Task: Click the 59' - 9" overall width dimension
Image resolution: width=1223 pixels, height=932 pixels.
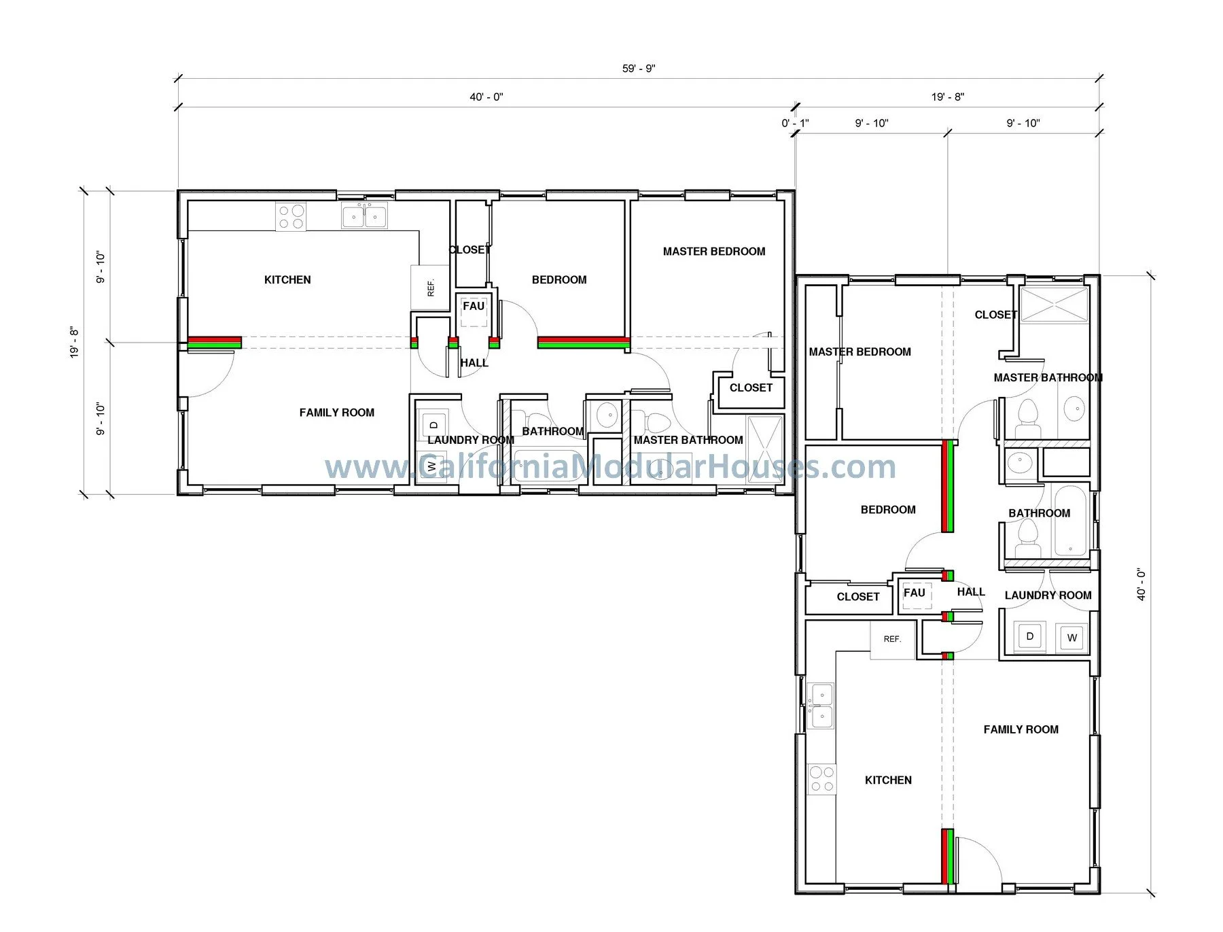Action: coord(638,69)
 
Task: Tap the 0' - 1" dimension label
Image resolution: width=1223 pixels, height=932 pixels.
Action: coord(794,123)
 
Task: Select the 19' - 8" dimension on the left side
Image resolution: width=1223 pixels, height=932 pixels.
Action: coord(74,343)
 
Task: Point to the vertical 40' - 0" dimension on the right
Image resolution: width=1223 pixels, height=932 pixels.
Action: coord(1141,585)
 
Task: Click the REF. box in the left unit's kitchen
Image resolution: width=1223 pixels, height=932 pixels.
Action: coord(430,288)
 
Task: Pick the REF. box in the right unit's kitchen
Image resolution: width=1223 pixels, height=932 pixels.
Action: coord(891,639)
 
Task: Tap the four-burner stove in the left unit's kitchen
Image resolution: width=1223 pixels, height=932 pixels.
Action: coord(291,217)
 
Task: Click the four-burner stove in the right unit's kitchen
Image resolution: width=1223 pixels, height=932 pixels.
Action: coord(821,779)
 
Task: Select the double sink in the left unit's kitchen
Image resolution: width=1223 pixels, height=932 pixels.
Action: coord(364,217)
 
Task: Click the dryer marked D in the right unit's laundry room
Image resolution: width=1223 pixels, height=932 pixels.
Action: coord(1029,637)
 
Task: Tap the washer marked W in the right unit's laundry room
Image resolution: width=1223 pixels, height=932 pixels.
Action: coord(1071,638)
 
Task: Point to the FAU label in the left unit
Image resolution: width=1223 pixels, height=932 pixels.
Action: coord(474,306)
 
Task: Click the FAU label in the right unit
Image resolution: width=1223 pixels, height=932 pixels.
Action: coord(914,593)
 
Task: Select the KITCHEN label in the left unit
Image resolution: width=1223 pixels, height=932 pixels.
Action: coord(287,280)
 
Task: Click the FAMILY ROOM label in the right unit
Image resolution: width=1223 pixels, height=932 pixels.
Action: coord(1021,729)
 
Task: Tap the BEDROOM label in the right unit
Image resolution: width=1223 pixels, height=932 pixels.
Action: coord(887,510)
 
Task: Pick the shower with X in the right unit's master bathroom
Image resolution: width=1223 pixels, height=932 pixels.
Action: coord(1054,305)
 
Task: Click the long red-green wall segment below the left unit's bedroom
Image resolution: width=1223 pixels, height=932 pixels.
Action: coord(583,343)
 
